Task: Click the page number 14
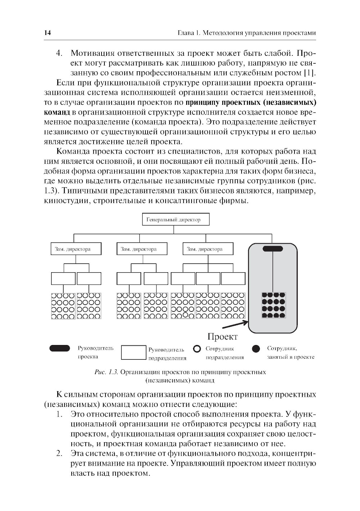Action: (x=48, y=33)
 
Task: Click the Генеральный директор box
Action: (x=173, y=219)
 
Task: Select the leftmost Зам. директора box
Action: (x=76, y=249)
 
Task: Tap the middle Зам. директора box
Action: (x=142, y=249)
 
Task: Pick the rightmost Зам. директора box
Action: (x=208, y=249)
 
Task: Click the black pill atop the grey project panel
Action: (x=273, y=248)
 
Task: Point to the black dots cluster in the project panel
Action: (x=273, y=305)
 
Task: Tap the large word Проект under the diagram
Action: (x=222, y=337)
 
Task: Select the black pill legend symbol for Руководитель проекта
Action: (x=60, y=348)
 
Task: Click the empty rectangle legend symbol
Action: (x=133, y=353)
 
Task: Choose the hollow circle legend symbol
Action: (x=197, y=349)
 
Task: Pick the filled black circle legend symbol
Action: (x=256, y=349)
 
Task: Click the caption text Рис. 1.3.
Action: (x=106, y=372)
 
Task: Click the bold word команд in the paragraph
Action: (x=57, y=112)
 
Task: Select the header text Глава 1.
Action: (x=189, y=33)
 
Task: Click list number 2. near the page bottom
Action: (x=60, y=453)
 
